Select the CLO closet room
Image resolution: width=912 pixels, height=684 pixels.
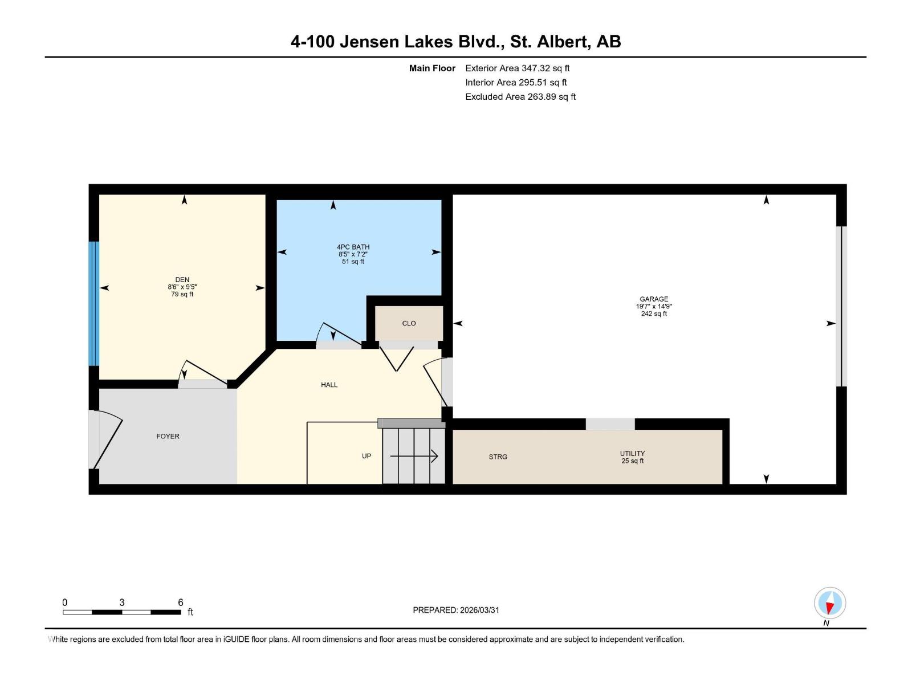pyautogui.click(x=409, y=323)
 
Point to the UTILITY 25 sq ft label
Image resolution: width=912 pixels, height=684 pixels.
pyautogui.click(x=632, y=457)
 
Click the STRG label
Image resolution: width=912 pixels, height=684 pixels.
pyautogui.click(x=498, y=457)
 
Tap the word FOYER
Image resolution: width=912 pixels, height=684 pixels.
pyautogui.click(x=168, y=436)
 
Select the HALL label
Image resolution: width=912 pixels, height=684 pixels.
pyautogui.click(x=329, y=385)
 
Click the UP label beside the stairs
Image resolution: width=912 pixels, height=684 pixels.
pyautogui.click(x=367, y=456)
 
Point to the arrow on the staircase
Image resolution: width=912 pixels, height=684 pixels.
pyautogui.click(x=414, y=456)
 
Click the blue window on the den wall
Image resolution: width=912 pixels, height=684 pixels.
pyautogui.click(x=94, y=303)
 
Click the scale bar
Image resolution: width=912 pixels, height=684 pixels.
pyautogui.click(x=122, y=612)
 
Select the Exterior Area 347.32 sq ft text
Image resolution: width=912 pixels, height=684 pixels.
pyautogui.click(x=517, y=68)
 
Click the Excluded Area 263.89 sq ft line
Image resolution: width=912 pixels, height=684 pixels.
pyautogui.click(x=520, y=96)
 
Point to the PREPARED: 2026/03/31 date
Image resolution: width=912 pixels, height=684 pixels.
pyautogui.click(x=456, y=610)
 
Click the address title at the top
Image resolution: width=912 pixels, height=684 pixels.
pyautogui.click(x=455, y=42)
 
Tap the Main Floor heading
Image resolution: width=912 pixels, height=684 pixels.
pyautogui.click(x=432, y=68)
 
